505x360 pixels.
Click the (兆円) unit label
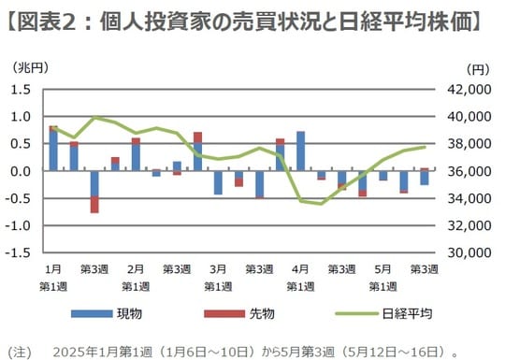[x=29, y=68]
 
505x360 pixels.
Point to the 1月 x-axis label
[x=53, y=267]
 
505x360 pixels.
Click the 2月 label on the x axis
[x=136, y=267]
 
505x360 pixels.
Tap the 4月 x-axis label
[x=300, y=267]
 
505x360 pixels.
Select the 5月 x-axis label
[x=382, y=267]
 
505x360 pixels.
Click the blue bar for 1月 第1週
[x=53, y=150]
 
